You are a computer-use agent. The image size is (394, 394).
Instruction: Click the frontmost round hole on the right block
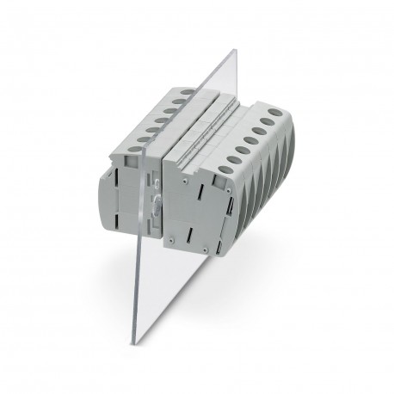[225, 169]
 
